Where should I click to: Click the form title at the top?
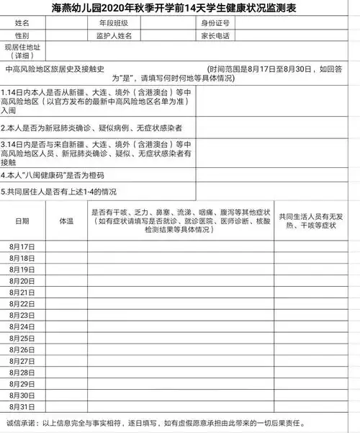coord(180,9)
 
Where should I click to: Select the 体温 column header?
coord(66,220)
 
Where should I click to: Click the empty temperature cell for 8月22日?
coord(66,304)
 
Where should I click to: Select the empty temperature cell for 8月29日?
coord(66,384)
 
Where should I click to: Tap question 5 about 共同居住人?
coord(61,192)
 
